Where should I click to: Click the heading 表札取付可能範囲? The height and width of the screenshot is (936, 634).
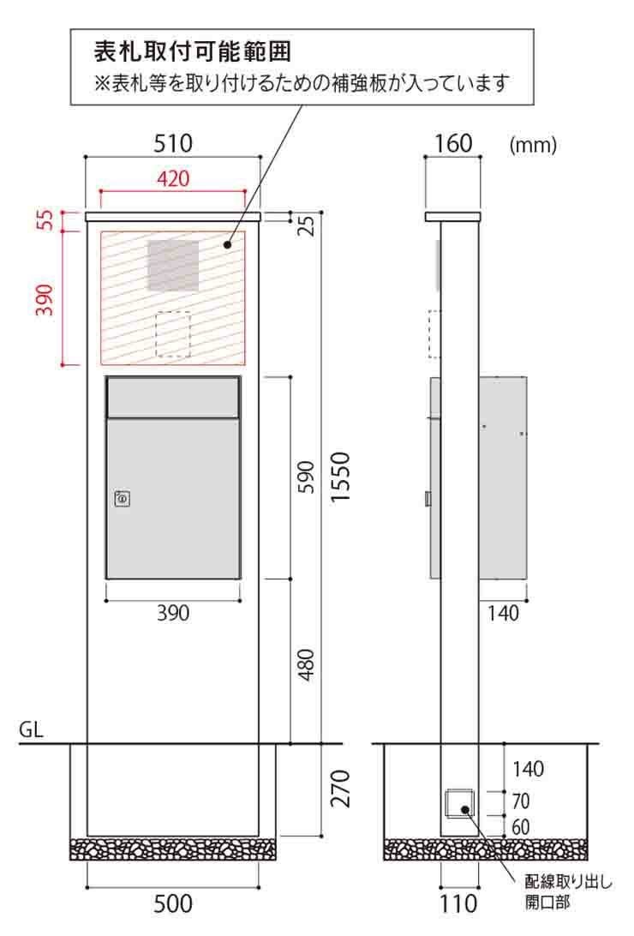pos(193,51)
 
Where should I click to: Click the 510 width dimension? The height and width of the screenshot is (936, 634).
pos(173,143)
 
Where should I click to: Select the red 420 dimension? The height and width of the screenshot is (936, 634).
pos(173,178)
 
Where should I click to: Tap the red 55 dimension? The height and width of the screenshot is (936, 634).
pos(46,219)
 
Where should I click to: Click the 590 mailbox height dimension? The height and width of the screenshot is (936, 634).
pos(305,477)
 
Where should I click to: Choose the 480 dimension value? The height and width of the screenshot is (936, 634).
pos(305,664)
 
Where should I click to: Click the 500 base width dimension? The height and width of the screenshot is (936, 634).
pos(173,903)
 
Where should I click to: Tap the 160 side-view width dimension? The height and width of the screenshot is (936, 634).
pos(453,143)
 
